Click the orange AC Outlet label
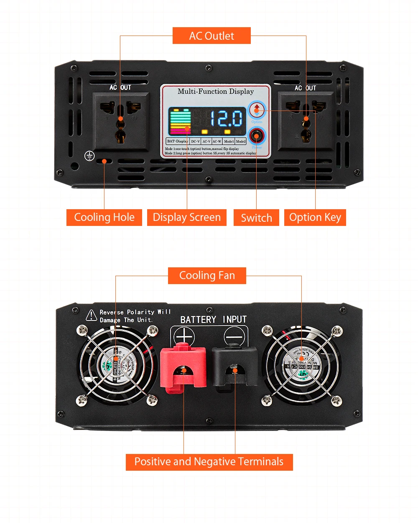212,36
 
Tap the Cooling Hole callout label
104,218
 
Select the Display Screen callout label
186,218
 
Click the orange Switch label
256,218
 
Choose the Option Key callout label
315,218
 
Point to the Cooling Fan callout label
207,276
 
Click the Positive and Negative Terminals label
209,462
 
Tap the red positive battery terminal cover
183,366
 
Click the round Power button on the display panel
256,136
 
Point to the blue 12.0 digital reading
226,118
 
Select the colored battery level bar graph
180,121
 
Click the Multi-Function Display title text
216,91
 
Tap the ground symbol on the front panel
89,156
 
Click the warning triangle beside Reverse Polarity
91,315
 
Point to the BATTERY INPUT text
213,320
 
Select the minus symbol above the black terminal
234,336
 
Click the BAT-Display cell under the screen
178,141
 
